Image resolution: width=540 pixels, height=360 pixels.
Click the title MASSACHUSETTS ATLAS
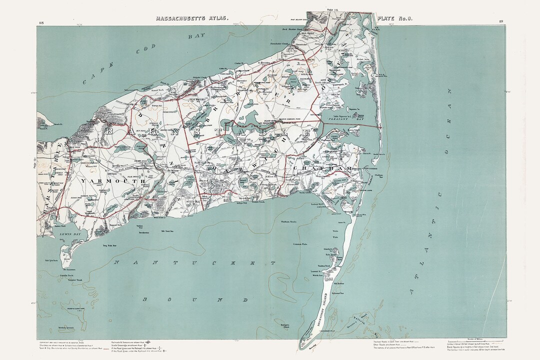click(192, 18)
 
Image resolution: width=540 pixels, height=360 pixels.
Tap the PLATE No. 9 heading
click(395, 18)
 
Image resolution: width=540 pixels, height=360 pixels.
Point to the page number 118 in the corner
click(40, 22)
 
